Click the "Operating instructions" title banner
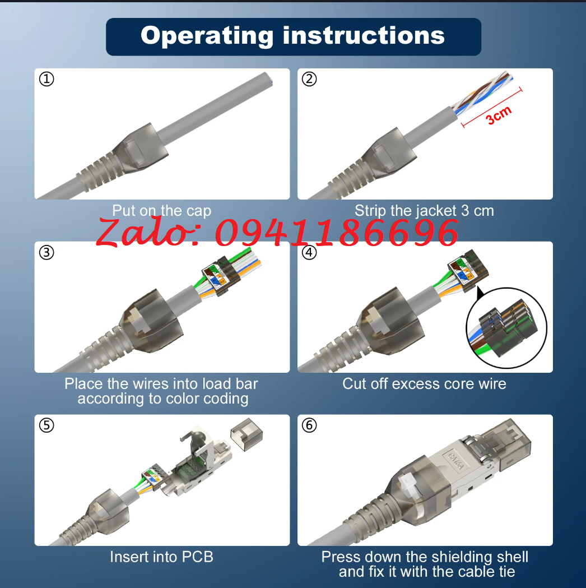point(294,37)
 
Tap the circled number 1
point(46,79)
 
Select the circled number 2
point(309,79)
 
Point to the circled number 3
point(46,252)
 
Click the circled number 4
point(309,252)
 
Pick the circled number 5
point(46,425)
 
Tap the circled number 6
point(309,425)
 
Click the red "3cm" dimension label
point(499,115)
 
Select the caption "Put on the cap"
point(161,211)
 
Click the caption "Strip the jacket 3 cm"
point(424,211)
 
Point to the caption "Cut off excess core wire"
point(424,383)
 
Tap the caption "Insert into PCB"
point(161,557)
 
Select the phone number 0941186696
point(337,233)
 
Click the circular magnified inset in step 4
point(506,328)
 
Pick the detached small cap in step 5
point(247,434)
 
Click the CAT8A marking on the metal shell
point(456,461)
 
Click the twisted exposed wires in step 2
point(482,92)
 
